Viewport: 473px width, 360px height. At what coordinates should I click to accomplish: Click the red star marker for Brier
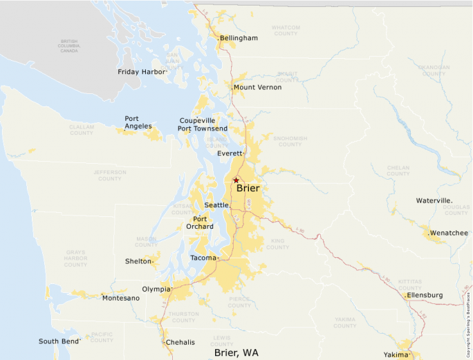236,180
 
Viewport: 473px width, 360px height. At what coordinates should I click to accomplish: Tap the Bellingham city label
239,38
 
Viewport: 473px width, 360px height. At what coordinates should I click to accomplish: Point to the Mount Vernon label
257,87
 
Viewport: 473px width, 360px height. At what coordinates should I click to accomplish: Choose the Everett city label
230,153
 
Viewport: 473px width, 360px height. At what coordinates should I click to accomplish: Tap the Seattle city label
216,205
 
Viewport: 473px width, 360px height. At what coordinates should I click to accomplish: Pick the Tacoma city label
203,258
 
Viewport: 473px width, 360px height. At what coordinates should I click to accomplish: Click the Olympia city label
155,289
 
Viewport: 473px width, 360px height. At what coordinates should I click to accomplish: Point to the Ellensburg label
425,295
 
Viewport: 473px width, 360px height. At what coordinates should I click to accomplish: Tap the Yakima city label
396,354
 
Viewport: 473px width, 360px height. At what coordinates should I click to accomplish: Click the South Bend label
59,341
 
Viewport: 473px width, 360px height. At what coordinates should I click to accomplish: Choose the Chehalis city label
180,342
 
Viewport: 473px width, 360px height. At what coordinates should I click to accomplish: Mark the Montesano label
120,298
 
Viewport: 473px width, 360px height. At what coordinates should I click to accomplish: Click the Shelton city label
138,261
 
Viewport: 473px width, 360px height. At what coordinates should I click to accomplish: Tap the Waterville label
434,200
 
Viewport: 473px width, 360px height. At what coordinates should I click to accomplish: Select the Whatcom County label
284,30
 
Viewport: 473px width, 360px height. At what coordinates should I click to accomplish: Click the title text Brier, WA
236,353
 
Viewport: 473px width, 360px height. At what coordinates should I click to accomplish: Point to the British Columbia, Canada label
69,46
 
